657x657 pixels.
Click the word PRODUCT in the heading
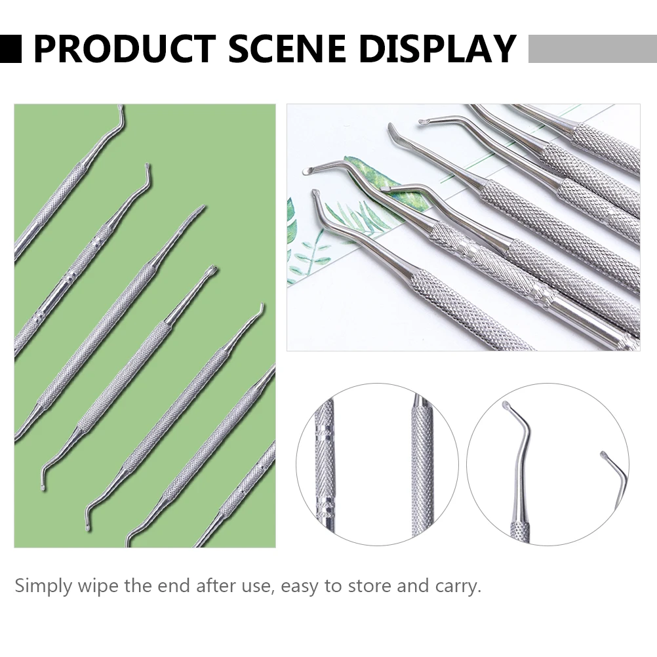tap(124, 49)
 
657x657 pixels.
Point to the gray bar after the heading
tap(591, 49)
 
